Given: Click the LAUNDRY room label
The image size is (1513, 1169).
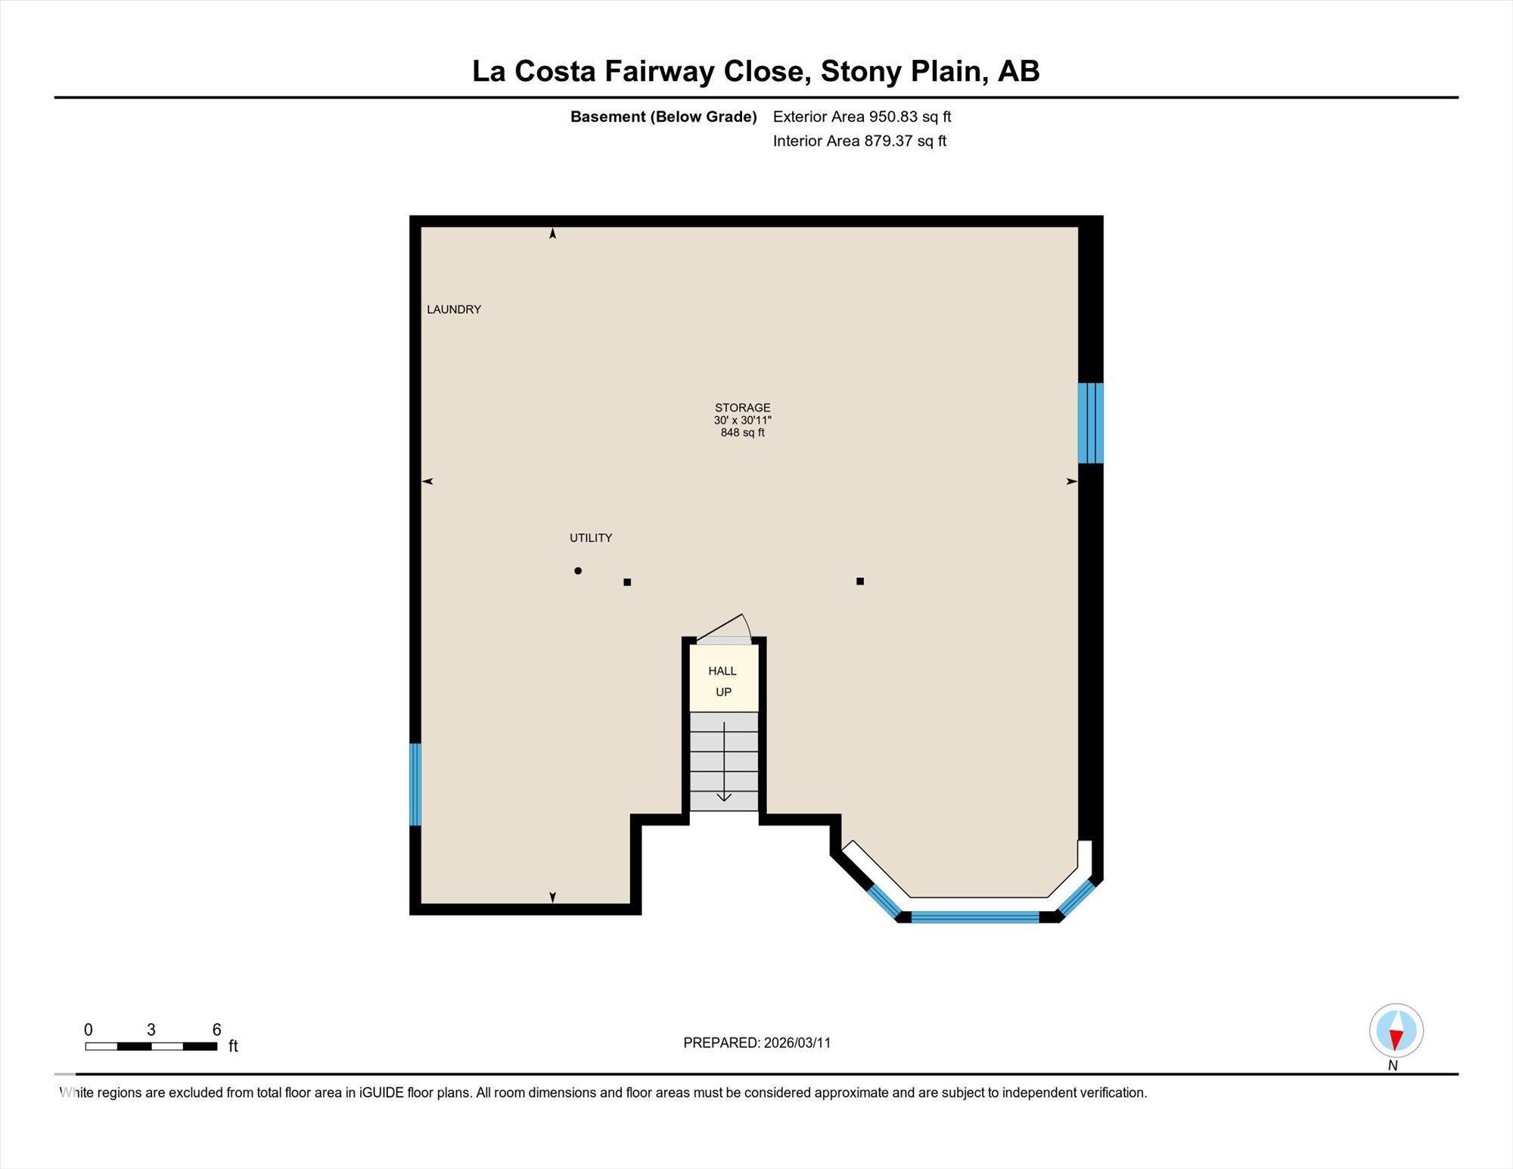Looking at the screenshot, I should click(x=454, y=309).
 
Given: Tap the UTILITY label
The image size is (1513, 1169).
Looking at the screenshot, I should click(x=591, y=538).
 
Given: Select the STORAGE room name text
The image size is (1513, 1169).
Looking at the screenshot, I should click(x=742, y=407).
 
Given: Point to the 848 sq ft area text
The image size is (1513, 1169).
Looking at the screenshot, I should click(x=742, y=433).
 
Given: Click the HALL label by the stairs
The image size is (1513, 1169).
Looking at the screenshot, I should click(x=722, y=671).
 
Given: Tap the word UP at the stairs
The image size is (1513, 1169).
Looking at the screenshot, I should click(x=723, y=692).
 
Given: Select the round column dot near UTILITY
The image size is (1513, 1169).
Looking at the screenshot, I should click(x=578, y=571).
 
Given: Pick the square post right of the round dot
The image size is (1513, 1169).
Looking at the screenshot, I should click(x=627, y=582).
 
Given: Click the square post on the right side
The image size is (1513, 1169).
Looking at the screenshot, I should click(x=860, y=581).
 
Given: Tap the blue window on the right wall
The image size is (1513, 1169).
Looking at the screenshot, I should click(x=1090, y=423).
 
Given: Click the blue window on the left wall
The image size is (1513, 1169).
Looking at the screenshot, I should click(x=415, y=785).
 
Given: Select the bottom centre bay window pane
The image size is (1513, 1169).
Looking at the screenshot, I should click(x=974, y=917).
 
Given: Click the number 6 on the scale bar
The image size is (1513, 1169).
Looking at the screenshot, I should click(x=216, y=1030).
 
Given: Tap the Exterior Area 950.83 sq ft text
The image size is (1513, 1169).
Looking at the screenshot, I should click(x=862, y=117).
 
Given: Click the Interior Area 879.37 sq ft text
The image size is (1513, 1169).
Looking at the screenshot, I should click(x=859, y=141).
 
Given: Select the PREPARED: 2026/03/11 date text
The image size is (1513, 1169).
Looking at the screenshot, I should click(x=756, y=1043).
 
